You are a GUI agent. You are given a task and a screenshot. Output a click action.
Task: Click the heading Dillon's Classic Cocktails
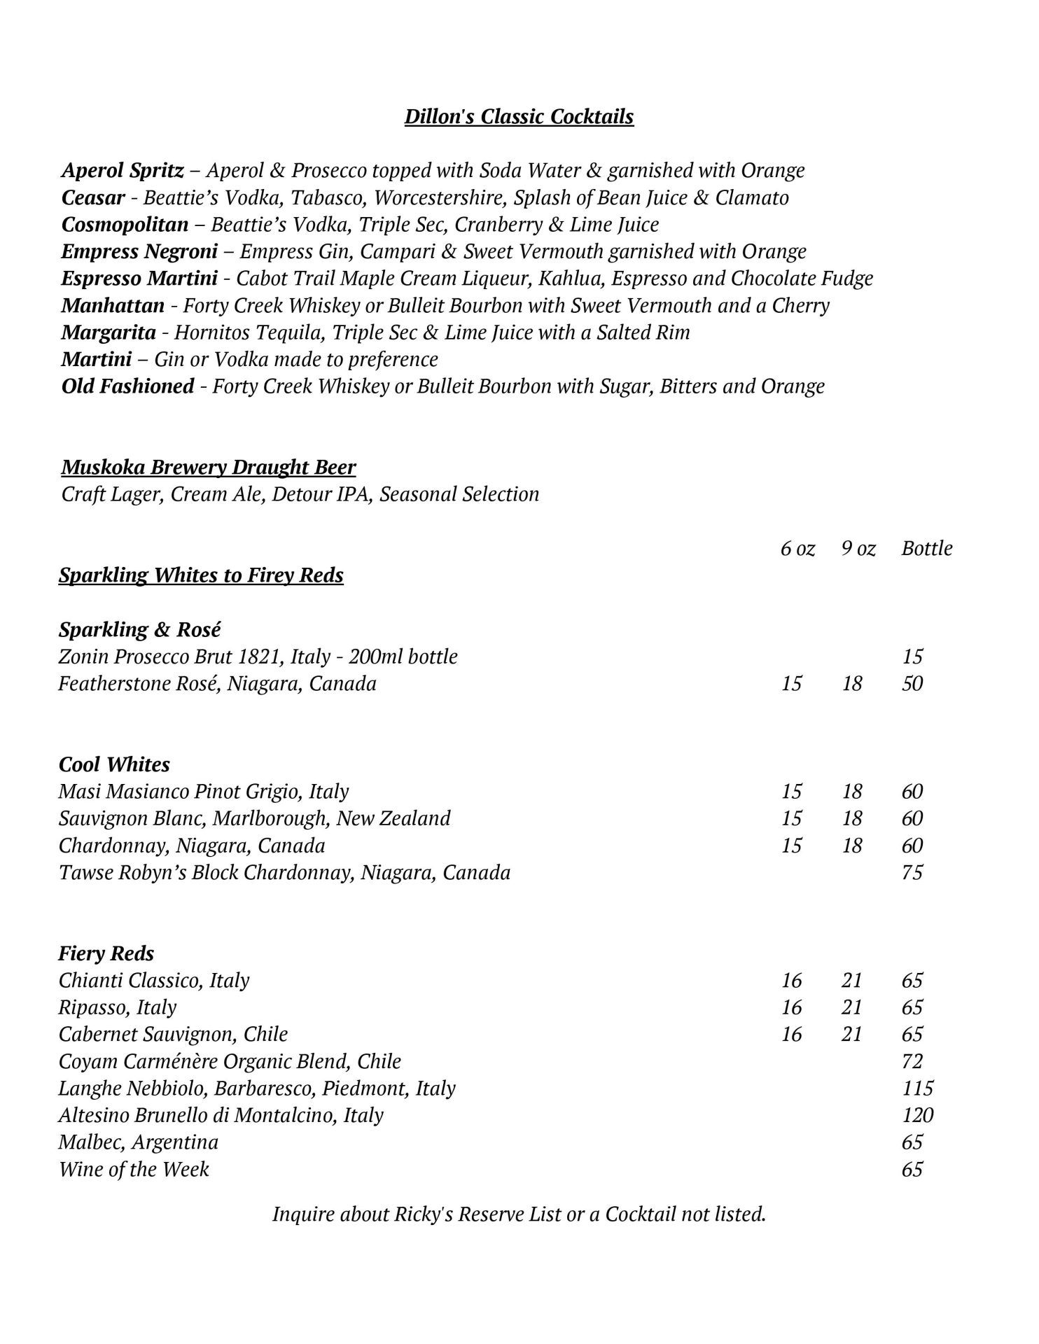(x=519, y=116)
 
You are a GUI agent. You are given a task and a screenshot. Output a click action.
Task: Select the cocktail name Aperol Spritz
(x=123, y=170)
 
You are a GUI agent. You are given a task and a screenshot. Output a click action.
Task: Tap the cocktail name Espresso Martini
(x=139, y=279)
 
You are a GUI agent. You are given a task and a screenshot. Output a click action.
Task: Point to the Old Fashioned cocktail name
(x=127, y=386)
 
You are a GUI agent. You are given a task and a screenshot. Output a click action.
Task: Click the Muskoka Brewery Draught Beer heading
(x=209, y=467)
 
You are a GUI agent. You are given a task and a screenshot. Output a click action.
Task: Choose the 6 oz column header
(x=797, y=548)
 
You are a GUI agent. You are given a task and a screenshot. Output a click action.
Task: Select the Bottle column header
(x=927, y=548)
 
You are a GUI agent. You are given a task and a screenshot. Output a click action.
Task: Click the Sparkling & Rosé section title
(x=139, y=629)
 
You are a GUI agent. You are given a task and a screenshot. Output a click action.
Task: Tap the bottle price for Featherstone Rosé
(x=912, y=683)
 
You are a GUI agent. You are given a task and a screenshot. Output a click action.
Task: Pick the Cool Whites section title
(x=114, y=764)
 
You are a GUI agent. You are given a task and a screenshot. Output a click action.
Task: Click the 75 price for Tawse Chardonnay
(x=912, y=872)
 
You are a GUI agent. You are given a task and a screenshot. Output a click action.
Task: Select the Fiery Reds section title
(x=106, y=953)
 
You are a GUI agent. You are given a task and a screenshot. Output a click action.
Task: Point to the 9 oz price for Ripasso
(x=851, y=1007)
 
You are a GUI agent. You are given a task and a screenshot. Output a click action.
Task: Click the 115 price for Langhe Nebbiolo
(x=917, y=1088)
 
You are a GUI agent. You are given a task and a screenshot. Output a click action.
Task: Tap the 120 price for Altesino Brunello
(x=917, y=1115)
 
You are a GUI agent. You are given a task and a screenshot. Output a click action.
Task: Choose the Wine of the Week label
(x=134, y=1169)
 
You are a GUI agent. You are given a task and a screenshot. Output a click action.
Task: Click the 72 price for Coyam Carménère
(x=912, y=1061)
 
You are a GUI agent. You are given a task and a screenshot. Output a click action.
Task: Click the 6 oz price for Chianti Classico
(x=791, y=981)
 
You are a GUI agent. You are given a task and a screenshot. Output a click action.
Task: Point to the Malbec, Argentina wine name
(x=139, y=1142)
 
